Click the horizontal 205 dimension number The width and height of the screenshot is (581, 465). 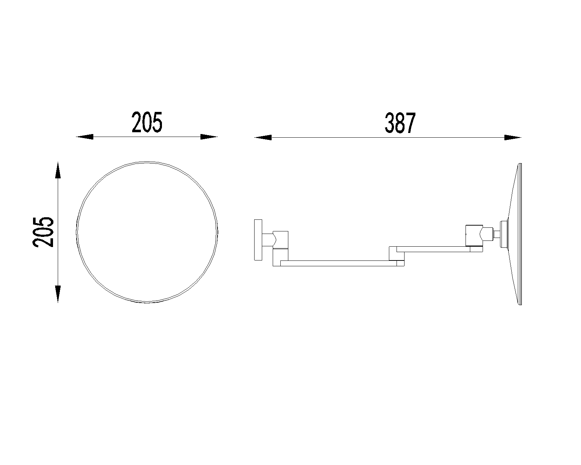tap(147, 122)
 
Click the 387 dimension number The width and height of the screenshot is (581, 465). tap(400, 123)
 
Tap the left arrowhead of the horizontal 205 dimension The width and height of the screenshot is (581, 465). tap(85, 137)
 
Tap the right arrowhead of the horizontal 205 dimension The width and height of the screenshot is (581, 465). tap(209, 137)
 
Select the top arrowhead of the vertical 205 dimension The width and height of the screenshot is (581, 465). tap(58, 170)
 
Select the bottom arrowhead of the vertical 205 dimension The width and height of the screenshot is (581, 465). tap(58, 294)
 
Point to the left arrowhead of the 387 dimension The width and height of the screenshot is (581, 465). tap(263, 138)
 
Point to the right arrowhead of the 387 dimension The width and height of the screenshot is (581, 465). tap(513, 138)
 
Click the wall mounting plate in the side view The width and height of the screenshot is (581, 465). tap(258, 240)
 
